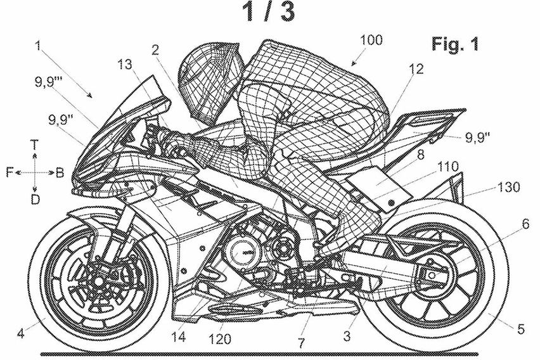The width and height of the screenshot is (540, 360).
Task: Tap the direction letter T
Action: pyautogui.click(x=36, y=145)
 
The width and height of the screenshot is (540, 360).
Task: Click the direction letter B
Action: pyautogui.click(x=59, y=172)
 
